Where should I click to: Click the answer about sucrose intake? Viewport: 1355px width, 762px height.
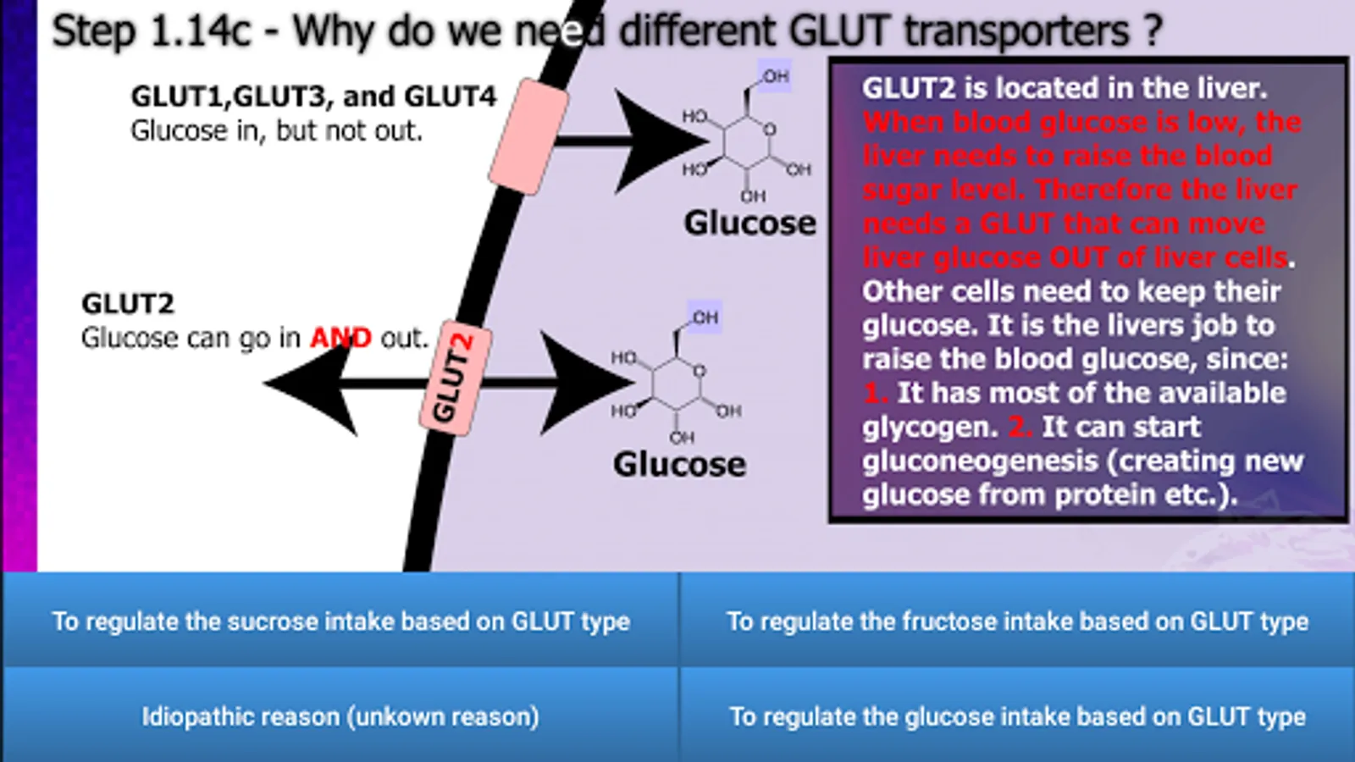click(340, 621)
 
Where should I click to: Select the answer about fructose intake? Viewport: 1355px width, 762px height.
click(1017, 621)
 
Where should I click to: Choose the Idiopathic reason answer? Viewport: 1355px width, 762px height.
click(340, 716)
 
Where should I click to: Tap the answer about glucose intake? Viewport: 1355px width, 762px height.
click(1017, 716)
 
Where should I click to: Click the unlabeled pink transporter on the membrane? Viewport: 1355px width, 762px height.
click(528, 137)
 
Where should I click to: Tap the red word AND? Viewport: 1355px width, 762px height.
click(340, 338)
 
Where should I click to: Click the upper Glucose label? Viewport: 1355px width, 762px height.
click(749, 223)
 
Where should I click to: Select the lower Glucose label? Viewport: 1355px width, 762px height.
click(679, 464)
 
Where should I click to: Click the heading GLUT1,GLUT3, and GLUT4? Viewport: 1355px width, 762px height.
click(312, 97)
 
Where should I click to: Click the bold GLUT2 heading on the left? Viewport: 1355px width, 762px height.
click(127, 303)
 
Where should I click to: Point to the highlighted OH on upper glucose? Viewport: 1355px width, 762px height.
click(775, 76)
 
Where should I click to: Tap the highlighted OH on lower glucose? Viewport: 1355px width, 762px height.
click(705, 317)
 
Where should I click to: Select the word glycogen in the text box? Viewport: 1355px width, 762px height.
click(929, 427)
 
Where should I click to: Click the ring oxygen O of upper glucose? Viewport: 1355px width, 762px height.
click(769, 130)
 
